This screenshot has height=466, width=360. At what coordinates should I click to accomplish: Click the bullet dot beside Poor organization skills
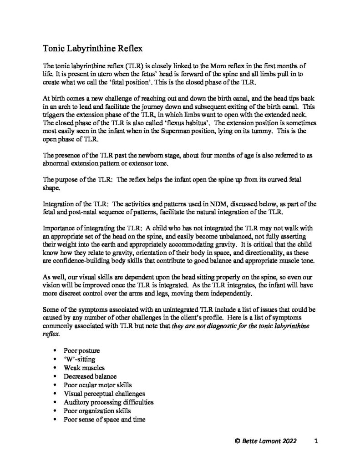56,411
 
